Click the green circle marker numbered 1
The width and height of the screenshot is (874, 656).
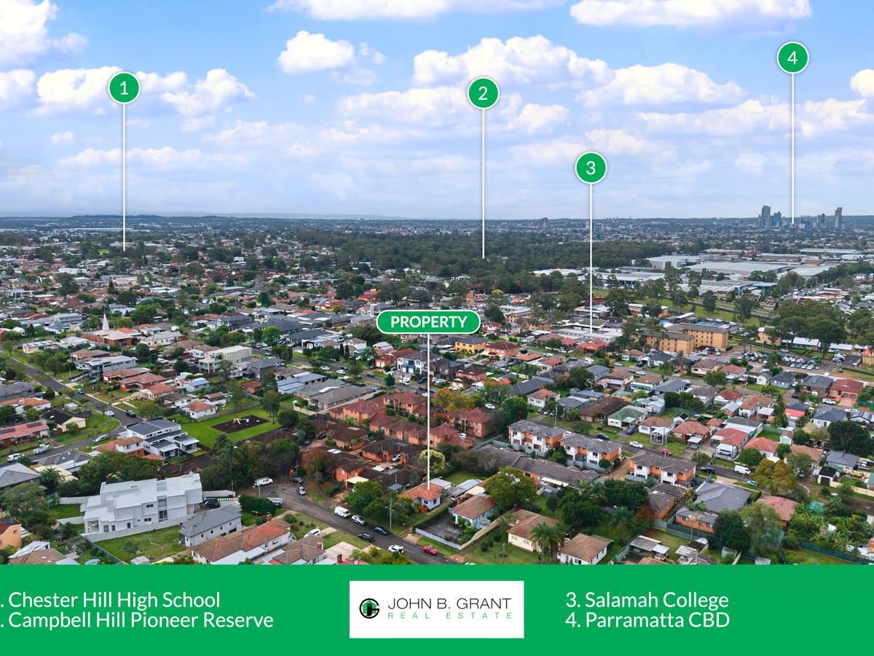125,87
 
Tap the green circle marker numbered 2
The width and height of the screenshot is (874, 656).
483,93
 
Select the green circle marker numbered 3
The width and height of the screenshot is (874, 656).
591,168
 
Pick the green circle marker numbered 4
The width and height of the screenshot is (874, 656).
792,58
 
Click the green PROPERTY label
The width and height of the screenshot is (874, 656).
428,322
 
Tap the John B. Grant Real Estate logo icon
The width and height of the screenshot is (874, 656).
369,608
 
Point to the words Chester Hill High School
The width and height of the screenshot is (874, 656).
114,600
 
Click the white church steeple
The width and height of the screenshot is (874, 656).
106,323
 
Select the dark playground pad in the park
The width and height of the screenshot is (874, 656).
241,424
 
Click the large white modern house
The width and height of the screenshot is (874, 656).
143,503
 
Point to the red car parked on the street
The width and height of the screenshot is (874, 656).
430,550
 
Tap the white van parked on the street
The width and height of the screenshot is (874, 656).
342,512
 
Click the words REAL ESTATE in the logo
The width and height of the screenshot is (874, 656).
449,616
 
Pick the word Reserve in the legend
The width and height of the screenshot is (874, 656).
241,620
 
